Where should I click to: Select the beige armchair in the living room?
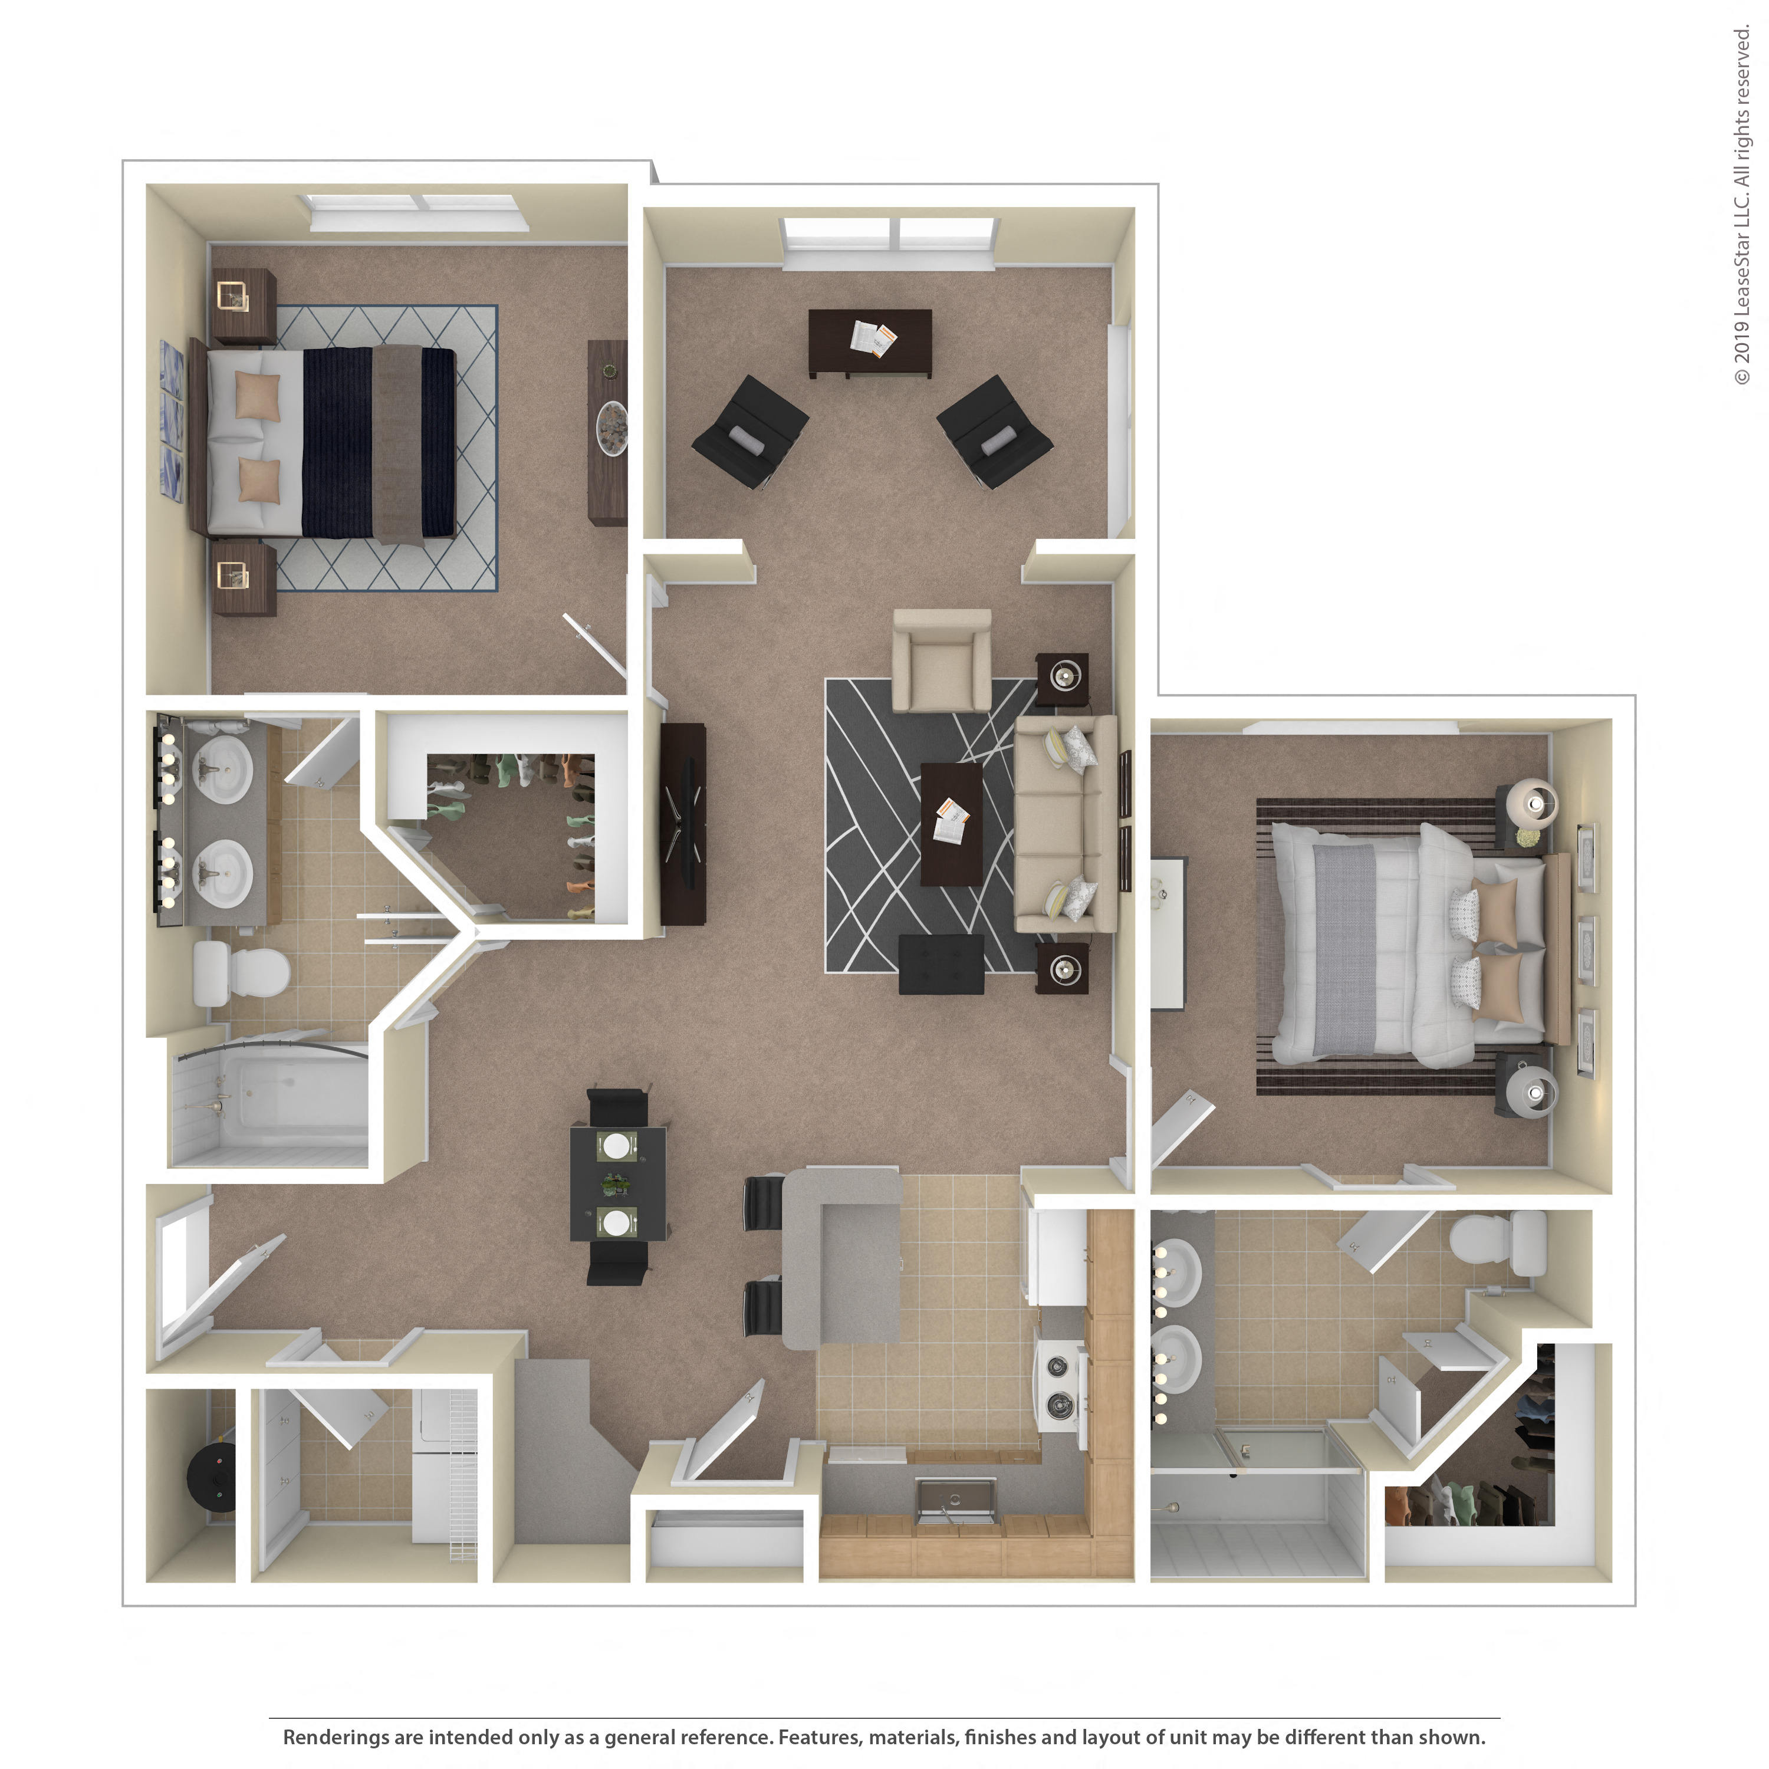pyautogui.click(x=941, y=659)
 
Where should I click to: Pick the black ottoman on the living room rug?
pyautogui.click(x=941, y=964)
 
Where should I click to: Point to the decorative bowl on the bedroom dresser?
pyautogui.click(x=611, y=428)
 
